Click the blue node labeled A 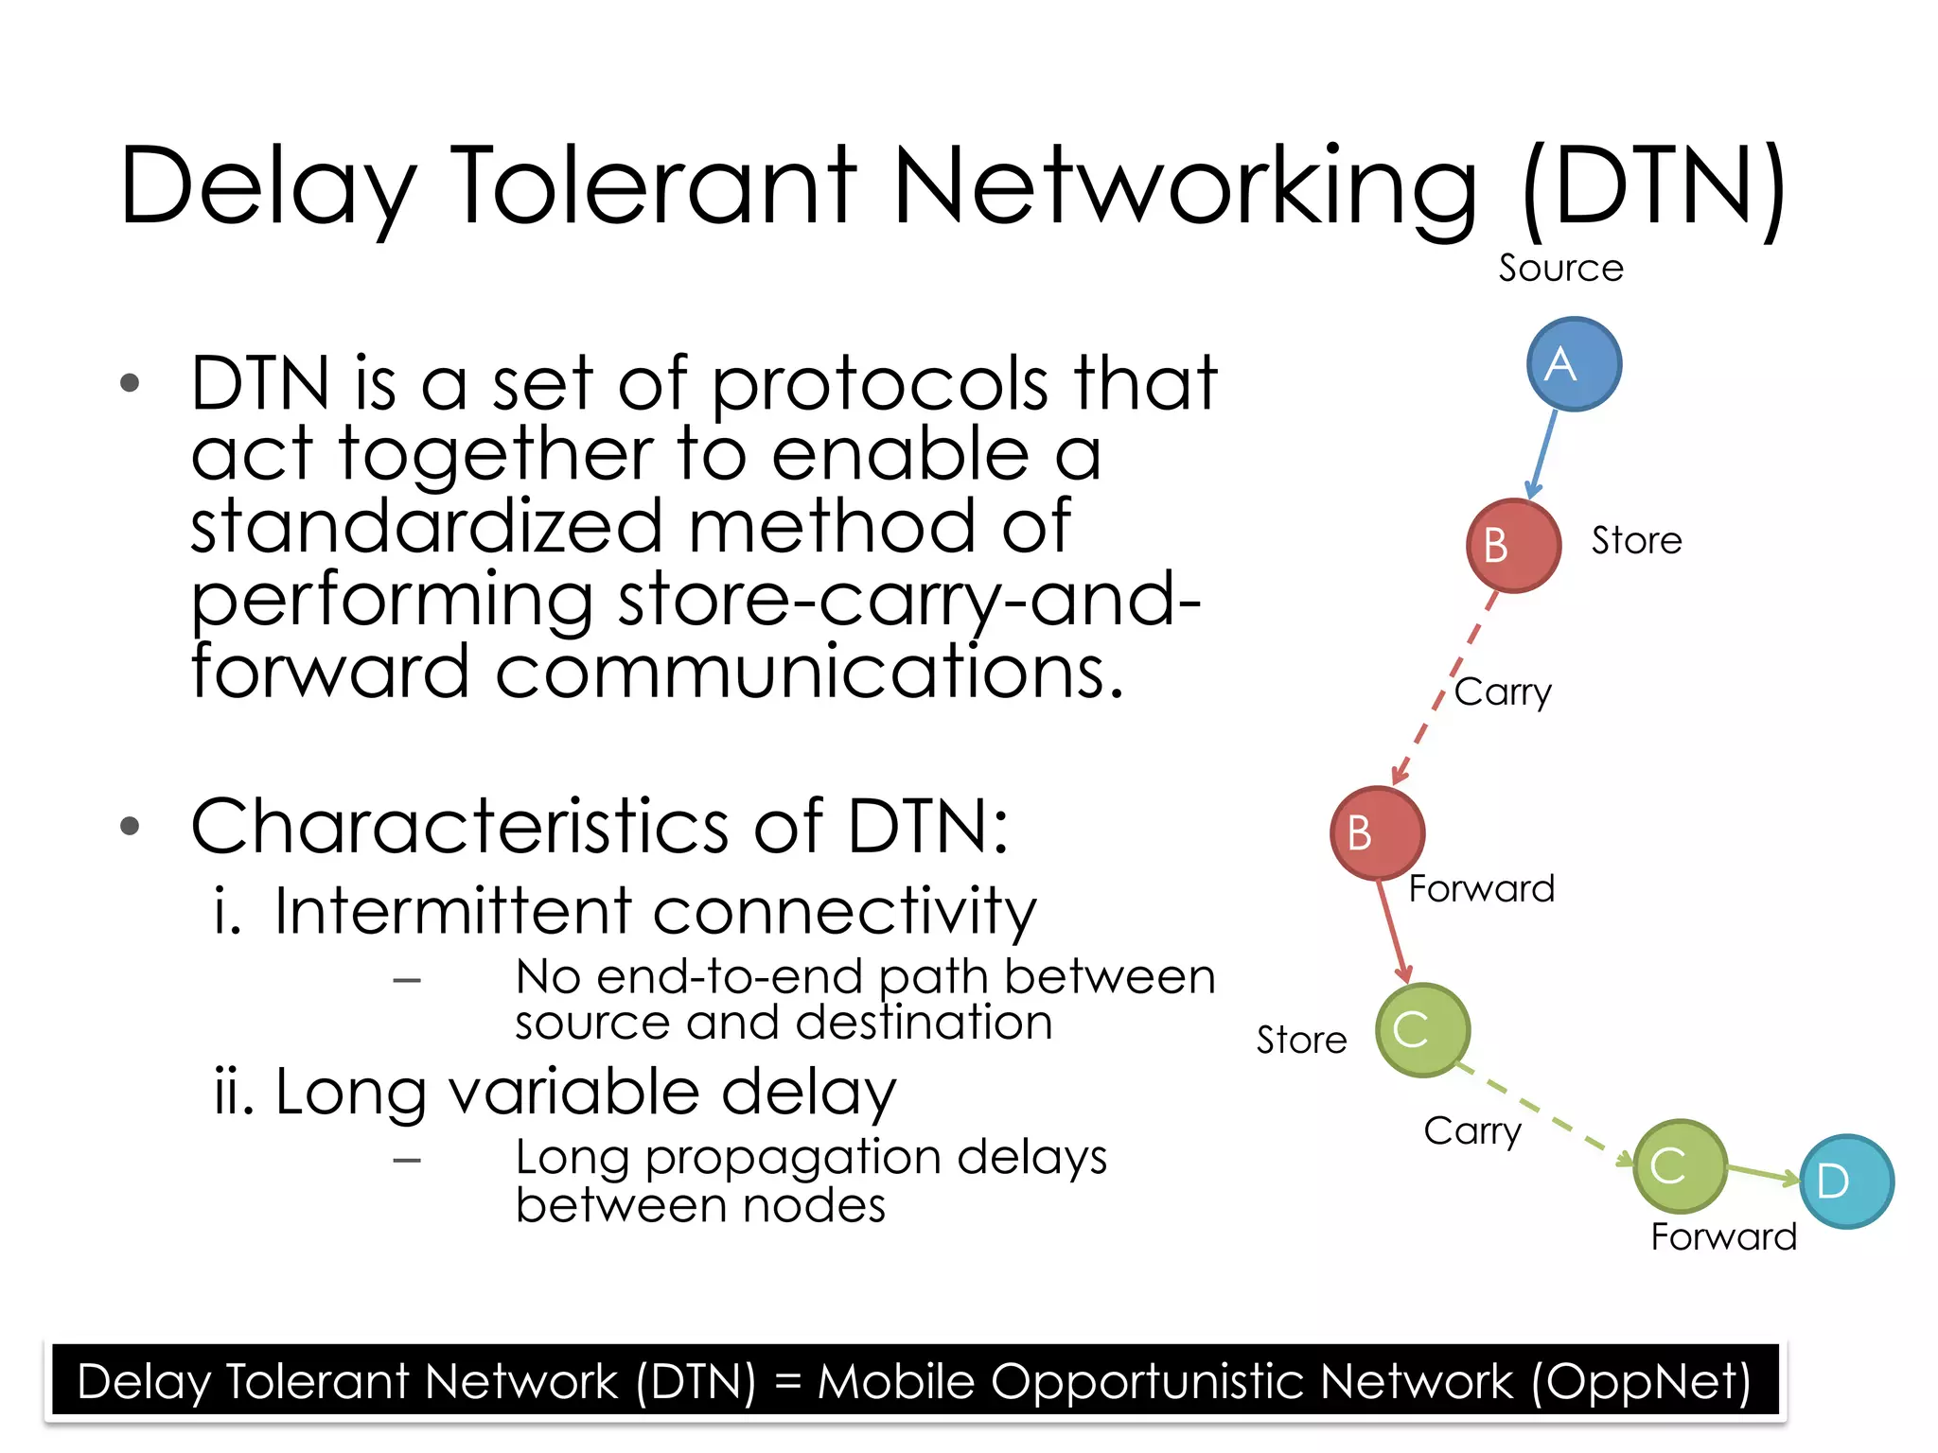point(1574,364)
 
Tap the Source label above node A point(1560,269)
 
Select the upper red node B point(1513,546)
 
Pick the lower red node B point(1377,833)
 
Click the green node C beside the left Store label point(1422,1030)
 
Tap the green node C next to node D point(1680,1166)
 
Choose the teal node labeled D point(1845,1182)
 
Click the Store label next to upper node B point(1636,541)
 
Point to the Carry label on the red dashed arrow point(1503,692)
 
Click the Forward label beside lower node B point(1482,889)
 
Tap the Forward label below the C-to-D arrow point(1723,1237)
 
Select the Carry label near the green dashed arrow point(1472,1131)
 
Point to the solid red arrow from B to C point(1392,930)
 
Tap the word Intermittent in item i point(451,911)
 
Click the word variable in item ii point(573,1092)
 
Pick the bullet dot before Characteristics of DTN point(131,827)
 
